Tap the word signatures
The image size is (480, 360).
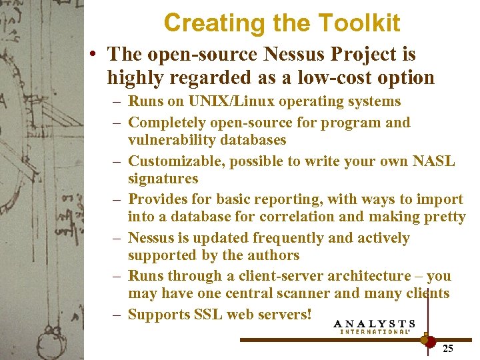point(163,179)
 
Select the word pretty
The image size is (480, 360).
point(443,217)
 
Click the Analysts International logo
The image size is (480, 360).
point(375,326)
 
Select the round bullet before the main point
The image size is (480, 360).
point(97,54)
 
